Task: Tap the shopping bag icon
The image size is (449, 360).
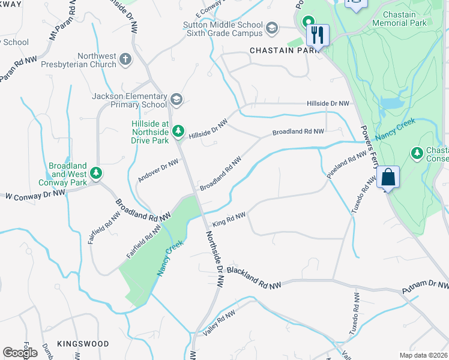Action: pos(388,178)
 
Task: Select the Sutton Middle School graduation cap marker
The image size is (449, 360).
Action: pos(272,28)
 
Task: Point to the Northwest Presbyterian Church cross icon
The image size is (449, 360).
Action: pos(125,59)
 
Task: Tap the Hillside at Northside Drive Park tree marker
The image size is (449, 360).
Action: pos(178,131)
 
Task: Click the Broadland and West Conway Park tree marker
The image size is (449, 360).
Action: pos(96,173)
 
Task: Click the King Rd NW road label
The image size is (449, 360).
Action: pos(229,219)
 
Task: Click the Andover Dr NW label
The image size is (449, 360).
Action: pos(158,170)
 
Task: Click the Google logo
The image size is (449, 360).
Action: pos(20,353)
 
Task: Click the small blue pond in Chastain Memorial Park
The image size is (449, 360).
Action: pos(392,103)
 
